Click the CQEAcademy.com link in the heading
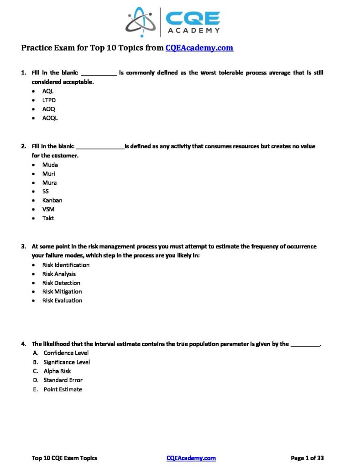point(199,47)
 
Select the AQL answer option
point(48,91)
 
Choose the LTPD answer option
point(49,100)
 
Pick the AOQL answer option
point(50,118)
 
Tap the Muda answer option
point(50,165)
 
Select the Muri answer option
point(49,174)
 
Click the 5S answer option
point(46,192)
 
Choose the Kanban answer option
point(52,200)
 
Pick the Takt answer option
point(48,218)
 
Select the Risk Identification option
point(66,265)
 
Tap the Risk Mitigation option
point(62,291)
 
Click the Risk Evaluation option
point(62,301)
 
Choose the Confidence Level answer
point(66,353)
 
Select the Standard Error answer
point(63,380)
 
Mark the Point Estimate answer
point(63,389)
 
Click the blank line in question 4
point(305,344)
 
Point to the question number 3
point(23,246)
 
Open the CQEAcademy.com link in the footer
point(191,458)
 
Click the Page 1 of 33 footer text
point(307,458)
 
